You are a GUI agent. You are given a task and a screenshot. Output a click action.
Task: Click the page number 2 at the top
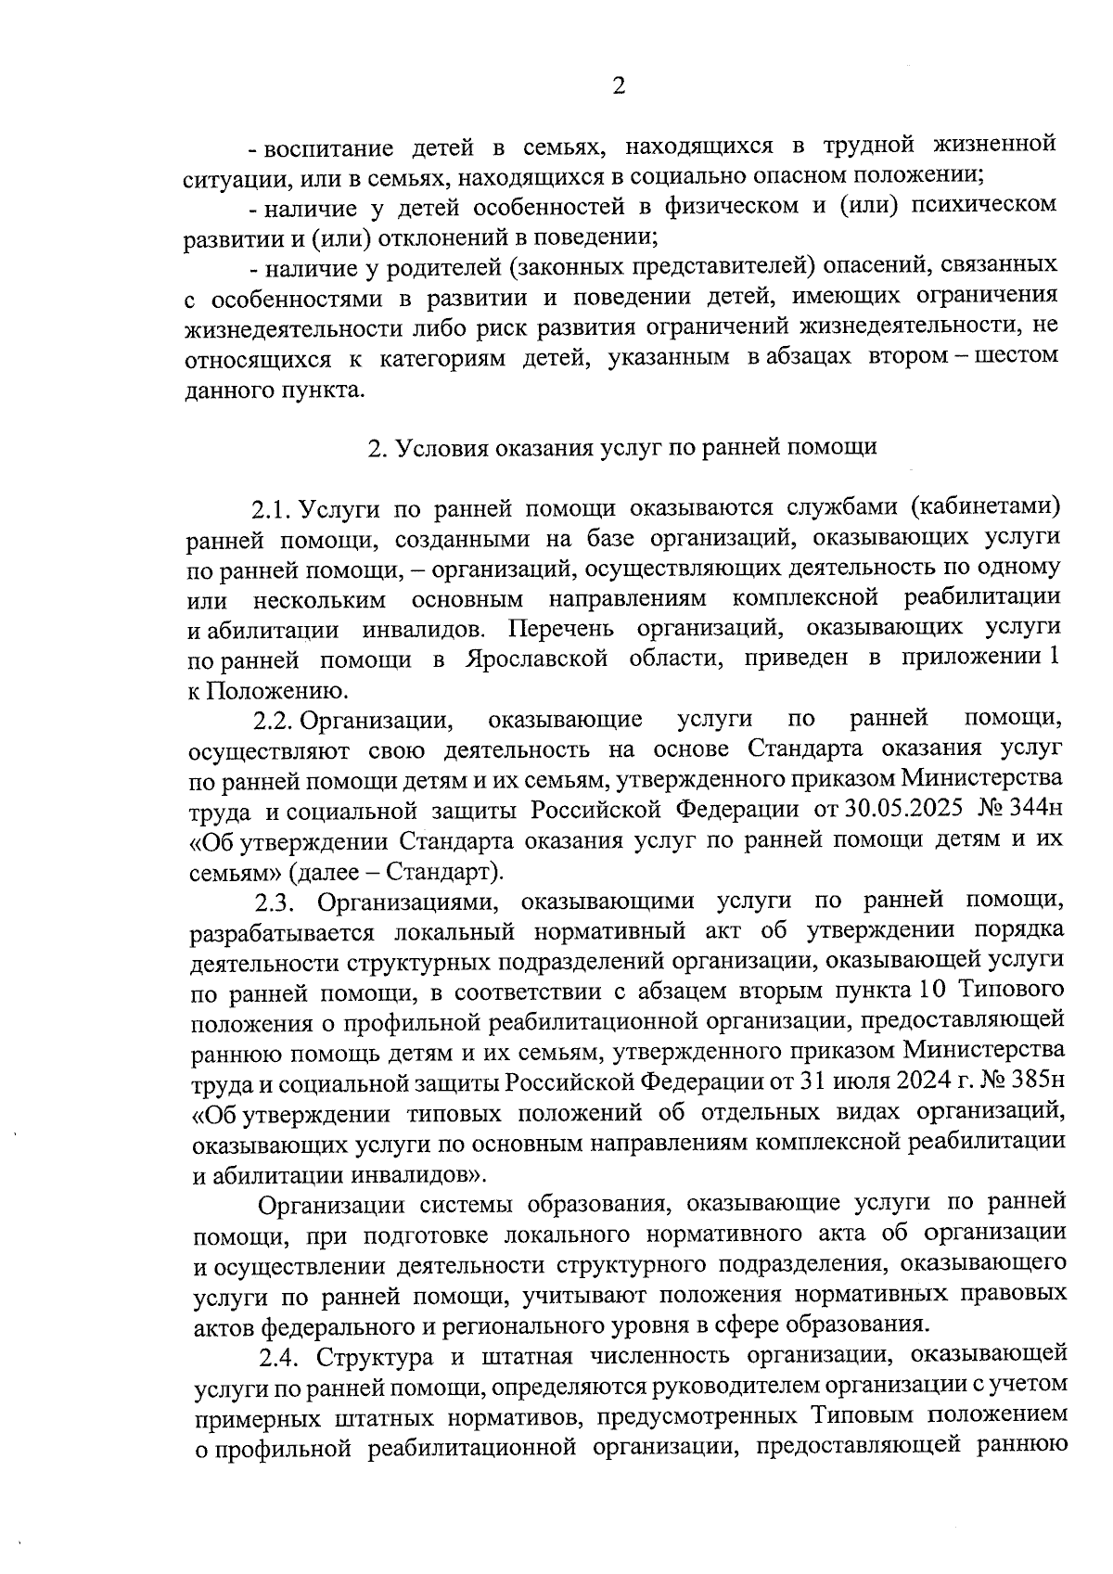point(619,86)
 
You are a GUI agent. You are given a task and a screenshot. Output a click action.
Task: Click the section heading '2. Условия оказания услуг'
point(621,448)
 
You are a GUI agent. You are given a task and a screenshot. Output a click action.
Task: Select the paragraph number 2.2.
point(274,719)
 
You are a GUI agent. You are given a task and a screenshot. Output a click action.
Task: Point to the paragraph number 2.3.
point(275,902)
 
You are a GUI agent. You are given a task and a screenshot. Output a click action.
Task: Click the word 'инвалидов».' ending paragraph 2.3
point(418,1176)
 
